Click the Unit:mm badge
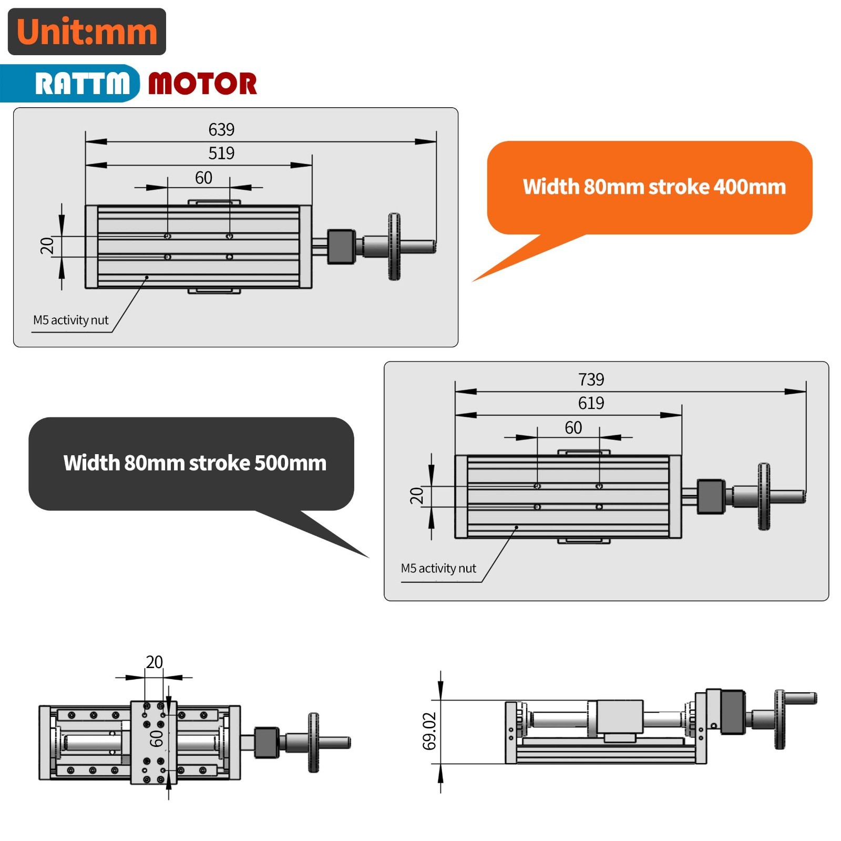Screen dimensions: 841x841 (x=87, y=32)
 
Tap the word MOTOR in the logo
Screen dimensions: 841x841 (x=202, y=84)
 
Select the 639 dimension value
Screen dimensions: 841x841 (x=221, y=129)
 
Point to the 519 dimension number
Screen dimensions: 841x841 (x=221, y=153)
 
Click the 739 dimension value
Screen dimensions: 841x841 (x=591, y=379)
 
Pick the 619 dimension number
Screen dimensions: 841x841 (x=591, y=403)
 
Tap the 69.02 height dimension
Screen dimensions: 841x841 (x=429, y=731)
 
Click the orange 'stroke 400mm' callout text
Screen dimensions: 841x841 (x=654, y=187)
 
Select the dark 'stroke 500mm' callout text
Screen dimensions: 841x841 (x=194, y=463)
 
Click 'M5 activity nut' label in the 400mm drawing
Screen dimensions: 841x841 (x=70, y=320)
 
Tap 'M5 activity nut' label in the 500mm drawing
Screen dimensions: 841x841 (x=438, y=568)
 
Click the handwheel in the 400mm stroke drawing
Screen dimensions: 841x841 (x=394, y=246)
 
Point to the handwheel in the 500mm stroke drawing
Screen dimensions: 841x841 (x=764, y=496)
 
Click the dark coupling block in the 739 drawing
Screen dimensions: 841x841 (x=711, y=496)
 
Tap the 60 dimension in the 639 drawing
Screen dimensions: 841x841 (x=203, y=178)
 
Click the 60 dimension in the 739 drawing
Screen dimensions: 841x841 (x=573, y=427)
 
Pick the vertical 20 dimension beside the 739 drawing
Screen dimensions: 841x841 (x=416, y=495)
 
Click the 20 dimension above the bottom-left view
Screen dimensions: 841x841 (x=154, y=662)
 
